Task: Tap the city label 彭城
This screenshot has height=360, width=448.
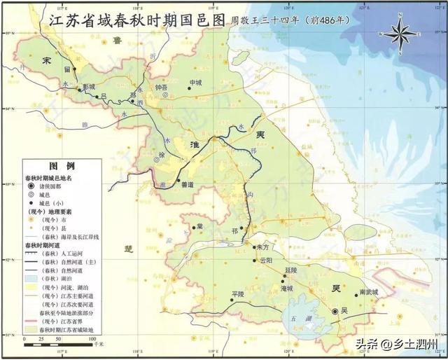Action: point(89,87)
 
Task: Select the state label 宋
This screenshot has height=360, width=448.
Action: point(47,62)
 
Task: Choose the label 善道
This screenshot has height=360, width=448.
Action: point(187,185)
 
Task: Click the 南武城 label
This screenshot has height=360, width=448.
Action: point(368,292)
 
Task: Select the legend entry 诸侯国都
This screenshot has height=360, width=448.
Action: point(62,186)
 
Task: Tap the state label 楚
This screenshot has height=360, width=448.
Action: point(128,249)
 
